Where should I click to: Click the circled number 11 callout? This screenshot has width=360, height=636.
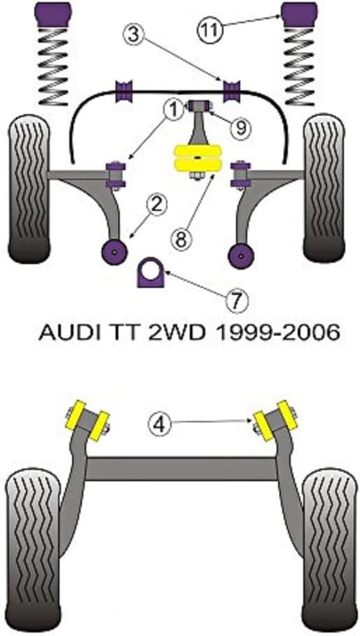[x=210, y=30]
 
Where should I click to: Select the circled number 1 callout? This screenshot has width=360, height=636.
[x=174, y=109]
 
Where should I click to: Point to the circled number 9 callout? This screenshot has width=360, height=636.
[x=240, y=128]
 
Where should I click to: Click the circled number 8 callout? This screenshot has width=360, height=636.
[x=180, y=240]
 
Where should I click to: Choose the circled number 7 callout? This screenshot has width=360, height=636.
[x=236, y=300]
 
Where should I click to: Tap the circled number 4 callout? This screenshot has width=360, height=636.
[x=159, y=425]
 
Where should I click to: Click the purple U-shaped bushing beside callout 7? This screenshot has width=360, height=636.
[x=150, y=272]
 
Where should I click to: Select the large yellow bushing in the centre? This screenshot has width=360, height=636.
[x=197, y=158]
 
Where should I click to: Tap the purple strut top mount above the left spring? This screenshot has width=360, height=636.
[x=53, y=14]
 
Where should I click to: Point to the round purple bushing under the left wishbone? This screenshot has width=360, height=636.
[x=115, y=251]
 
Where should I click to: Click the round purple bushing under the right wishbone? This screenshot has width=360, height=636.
[x=241, y=255]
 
